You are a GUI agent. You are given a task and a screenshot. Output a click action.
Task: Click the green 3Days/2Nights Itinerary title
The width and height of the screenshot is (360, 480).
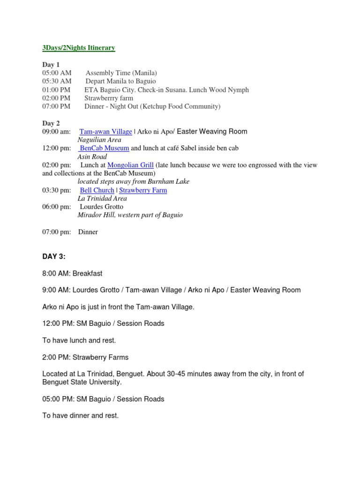coord(78,48)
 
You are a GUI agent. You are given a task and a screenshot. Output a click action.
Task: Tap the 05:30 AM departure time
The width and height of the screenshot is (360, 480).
coord(57,82)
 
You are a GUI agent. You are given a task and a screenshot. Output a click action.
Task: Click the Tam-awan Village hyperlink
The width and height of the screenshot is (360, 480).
coord(105,132)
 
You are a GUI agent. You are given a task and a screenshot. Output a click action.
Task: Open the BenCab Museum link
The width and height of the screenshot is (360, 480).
coord(105,148)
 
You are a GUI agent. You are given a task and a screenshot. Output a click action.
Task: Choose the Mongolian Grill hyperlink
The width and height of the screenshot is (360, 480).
coord(131,165)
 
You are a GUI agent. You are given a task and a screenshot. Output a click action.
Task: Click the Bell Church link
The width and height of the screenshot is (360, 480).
coord(97,190)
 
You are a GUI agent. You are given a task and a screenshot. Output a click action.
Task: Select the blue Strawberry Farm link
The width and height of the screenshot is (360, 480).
coord(143,190)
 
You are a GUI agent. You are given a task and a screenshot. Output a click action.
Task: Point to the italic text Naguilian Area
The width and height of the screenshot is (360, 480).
coord(99,140)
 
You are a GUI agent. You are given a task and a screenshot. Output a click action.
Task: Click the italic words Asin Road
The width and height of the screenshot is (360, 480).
coord(92,157)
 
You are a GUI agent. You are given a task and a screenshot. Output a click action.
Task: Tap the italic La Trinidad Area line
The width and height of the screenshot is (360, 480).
coord(102,198)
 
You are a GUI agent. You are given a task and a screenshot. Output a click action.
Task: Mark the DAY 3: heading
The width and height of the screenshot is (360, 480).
coord(54,256)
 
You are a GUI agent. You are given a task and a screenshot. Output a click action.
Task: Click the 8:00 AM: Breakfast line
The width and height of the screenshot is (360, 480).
coord(72,273)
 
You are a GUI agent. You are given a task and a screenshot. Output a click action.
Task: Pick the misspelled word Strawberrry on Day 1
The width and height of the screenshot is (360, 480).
coord(101,98)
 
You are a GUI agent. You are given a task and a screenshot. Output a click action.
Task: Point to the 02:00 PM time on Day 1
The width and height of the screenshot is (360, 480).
coord(56,98)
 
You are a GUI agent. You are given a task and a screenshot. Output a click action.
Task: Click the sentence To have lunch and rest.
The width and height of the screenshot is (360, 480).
coord(79,340)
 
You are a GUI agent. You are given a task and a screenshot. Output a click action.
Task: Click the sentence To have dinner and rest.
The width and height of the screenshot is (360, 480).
coord(80,415)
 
